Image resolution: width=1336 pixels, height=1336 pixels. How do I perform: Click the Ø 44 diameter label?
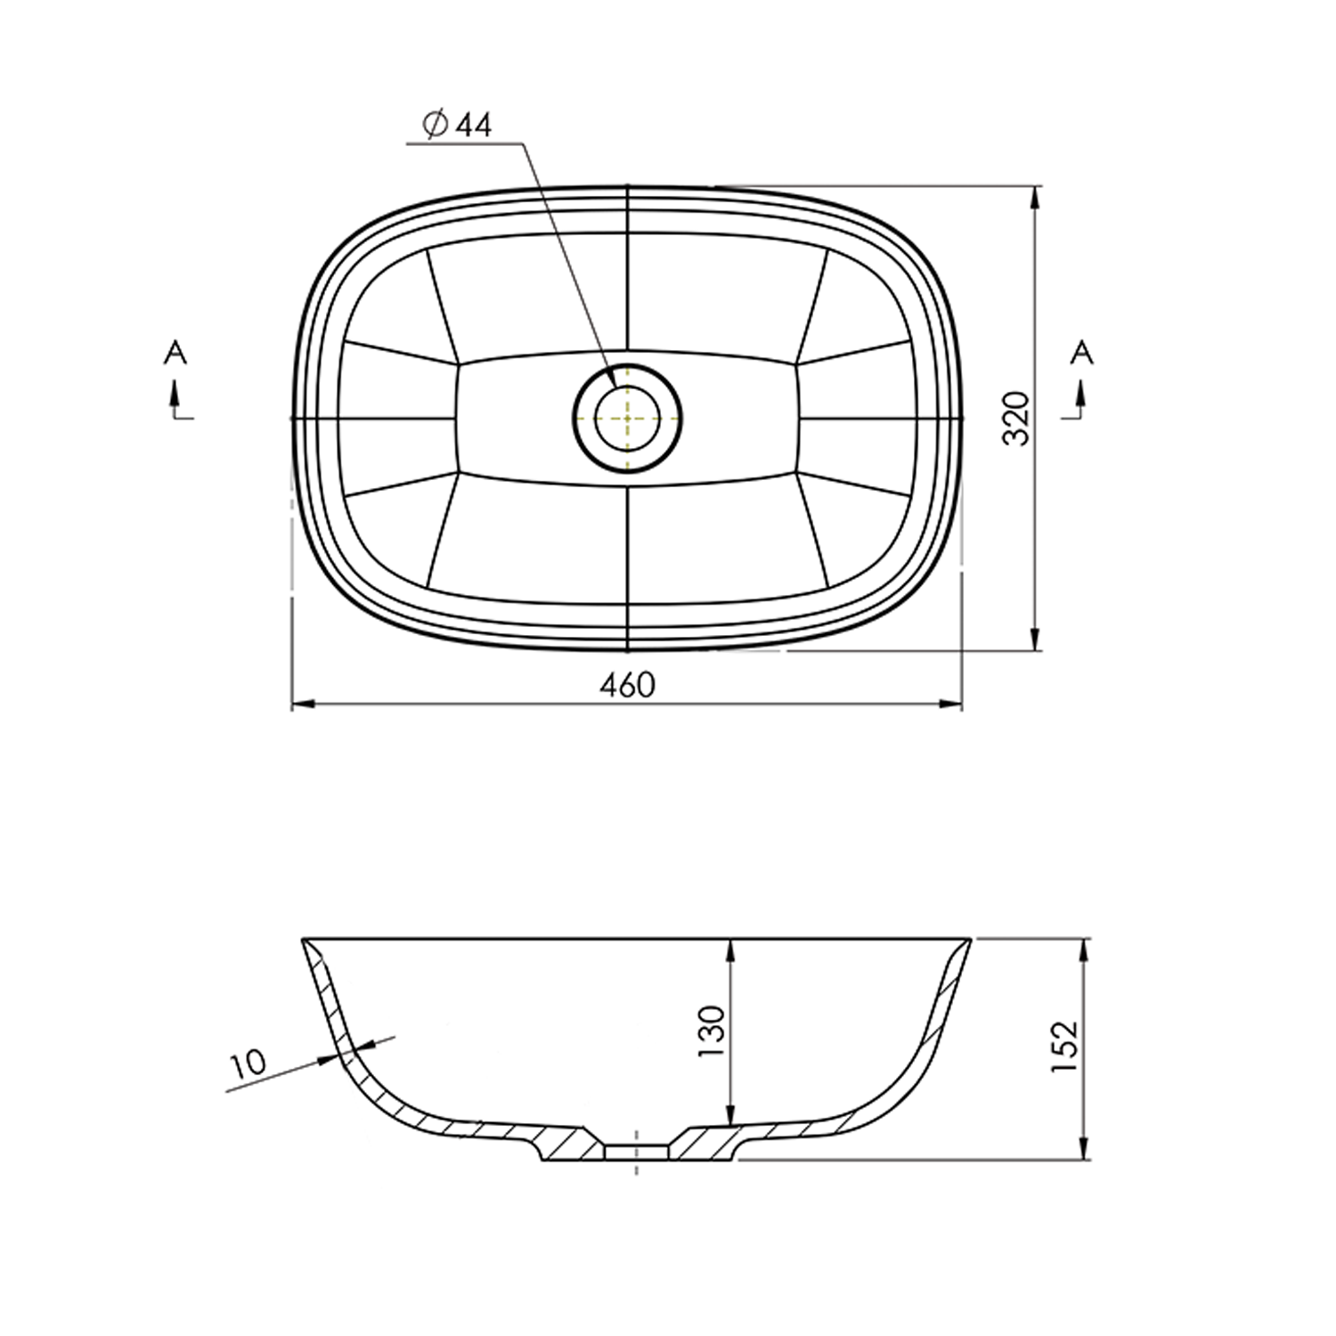point(458,126)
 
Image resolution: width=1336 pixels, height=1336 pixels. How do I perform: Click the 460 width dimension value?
point(627,684)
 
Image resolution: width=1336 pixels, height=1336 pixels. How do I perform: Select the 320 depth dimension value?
point(1016,418)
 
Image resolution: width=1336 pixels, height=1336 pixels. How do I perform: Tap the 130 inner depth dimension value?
point(713,1031)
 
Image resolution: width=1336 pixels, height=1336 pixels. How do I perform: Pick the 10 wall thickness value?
point(248,1064)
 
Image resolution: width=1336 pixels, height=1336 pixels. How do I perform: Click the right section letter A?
point(1081,354)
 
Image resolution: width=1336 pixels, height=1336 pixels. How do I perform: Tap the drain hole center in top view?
point(628,418)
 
